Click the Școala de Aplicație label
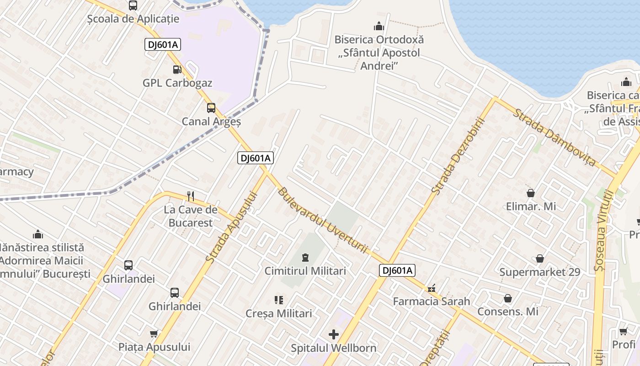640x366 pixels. [133, 19]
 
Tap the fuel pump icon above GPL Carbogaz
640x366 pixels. [177, 70]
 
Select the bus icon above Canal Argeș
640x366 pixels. [211, 108]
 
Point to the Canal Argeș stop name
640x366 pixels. [211, 122]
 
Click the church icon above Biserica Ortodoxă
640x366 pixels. [379, 26]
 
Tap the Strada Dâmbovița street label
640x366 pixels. [555, 137]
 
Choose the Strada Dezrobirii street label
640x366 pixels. [458, 156]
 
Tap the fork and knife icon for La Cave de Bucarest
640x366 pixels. [191, 196]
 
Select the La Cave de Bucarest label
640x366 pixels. [191, 216]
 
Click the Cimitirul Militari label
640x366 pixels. [305, 271]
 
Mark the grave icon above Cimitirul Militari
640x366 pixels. [305, 258]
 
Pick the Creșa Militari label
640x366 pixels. [279, 313]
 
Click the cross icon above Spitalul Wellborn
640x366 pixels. [334, 334]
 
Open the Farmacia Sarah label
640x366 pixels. [432, 301]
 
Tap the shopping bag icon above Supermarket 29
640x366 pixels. [540, 258]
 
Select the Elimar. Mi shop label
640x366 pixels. [531, 206]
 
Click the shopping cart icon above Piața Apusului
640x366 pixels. [154, 334]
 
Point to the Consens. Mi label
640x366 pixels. [508, 312]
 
